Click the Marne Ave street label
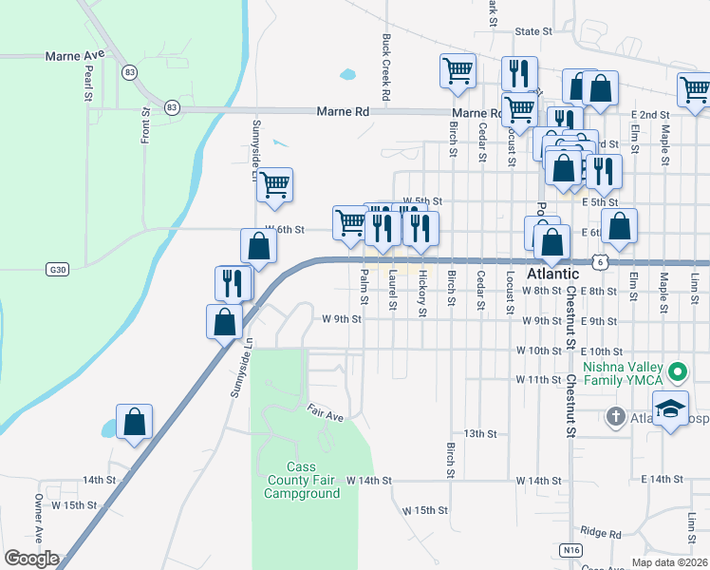coord(74,56)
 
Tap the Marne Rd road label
coord(342,112)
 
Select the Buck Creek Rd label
coord(386,68)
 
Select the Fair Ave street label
coord(325,414)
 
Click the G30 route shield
coord(58,270)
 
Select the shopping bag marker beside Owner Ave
coord(134,421)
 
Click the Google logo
coord(31,559)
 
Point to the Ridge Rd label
coord(600,533)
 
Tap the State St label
coord(533,31)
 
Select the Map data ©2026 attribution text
coord(668,562)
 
